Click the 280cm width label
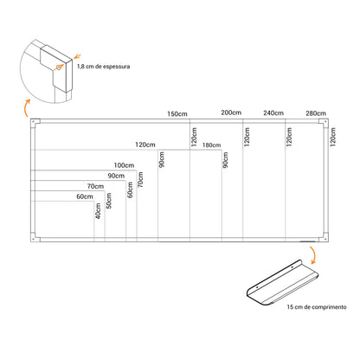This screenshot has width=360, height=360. pos(316,113)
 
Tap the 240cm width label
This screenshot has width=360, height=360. pos(273,113)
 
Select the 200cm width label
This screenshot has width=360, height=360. pos(231,112)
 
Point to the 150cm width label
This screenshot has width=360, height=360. pos(177,114)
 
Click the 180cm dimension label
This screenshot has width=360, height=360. pos(211,145)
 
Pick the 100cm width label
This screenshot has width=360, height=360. pos(124,165)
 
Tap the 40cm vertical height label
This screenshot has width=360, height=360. pos(98,211)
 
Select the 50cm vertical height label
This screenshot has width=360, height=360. pos(108,201)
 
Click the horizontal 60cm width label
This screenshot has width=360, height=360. pos(85,196)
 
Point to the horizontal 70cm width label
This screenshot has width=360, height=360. pos(95,186)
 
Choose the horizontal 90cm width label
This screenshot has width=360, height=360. pos(116,176)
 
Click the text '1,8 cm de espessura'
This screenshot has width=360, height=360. pos(103,67)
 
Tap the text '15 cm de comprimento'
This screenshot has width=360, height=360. pos(317,307)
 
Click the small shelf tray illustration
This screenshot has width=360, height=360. pos(283,283)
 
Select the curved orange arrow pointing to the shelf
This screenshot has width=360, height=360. pos(313,256)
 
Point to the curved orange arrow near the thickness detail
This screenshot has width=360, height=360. pos(26,108)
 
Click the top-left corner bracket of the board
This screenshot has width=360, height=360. pos(35,123)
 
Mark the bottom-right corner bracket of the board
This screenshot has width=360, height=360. pos(324,237)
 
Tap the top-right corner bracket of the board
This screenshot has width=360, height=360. pos(324,123)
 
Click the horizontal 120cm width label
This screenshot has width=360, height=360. pos(145,145)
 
